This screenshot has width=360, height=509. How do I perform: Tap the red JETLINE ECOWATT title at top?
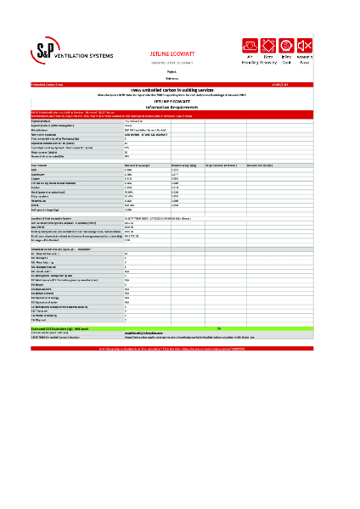pyautogui.click(x=173, y=51)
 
